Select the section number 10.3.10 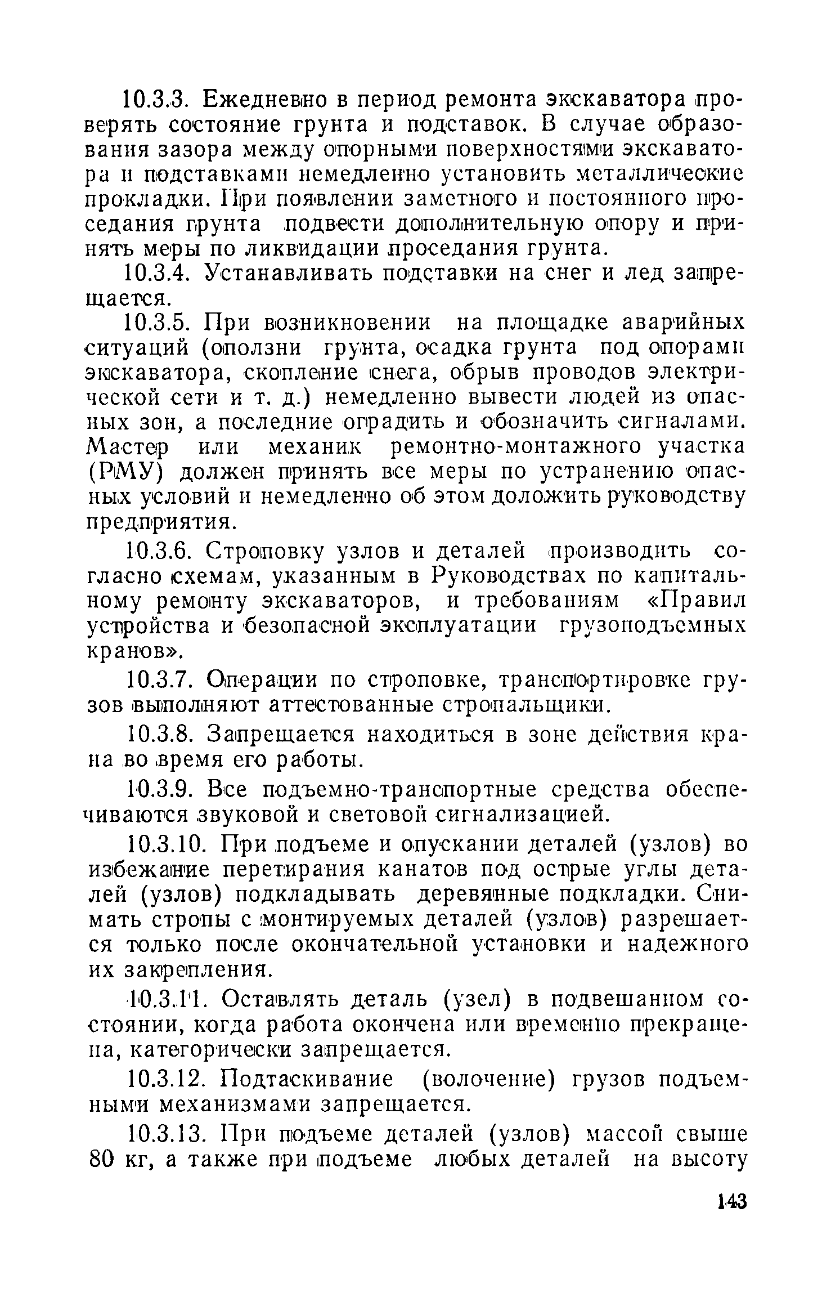tap(166, 845)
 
